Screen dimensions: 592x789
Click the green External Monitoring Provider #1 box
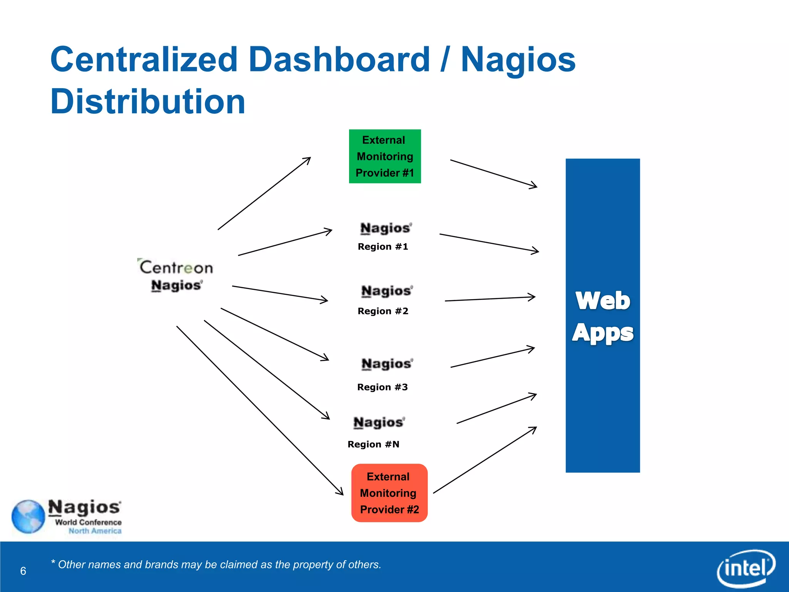coord(384,156)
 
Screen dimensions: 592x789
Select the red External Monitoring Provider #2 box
coord(389,493)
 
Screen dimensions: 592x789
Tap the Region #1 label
coord(383,247)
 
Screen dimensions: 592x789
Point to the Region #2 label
coord(383,311)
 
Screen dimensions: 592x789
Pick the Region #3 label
coord(382,387)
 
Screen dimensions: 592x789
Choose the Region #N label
coord(373,444)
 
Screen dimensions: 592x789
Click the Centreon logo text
coord(176,267)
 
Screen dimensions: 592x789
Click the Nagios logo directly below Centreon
coord(176,286)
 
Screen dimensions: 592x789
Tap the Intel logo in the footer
coord(746,568)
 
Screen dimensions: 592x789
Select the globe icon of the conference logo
coord(28,516)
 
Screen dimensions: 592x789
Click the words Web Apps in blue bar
coord(603,316)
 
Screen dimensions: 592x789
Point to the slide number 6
coord(23,571)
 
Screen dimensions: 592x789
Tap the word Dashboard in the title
coord(339,59)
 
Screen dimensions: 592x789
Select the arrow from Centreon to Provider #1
coord(264,193)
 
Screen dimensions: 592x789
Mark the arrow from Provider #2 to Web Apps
coord(485,460)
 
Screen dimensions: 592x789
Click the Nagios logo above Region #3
coord(387,363)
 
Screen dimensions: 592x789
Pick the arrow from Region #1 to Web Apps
coord(489,243)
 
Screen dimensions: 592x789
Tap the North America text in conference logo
coord(95,531)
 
